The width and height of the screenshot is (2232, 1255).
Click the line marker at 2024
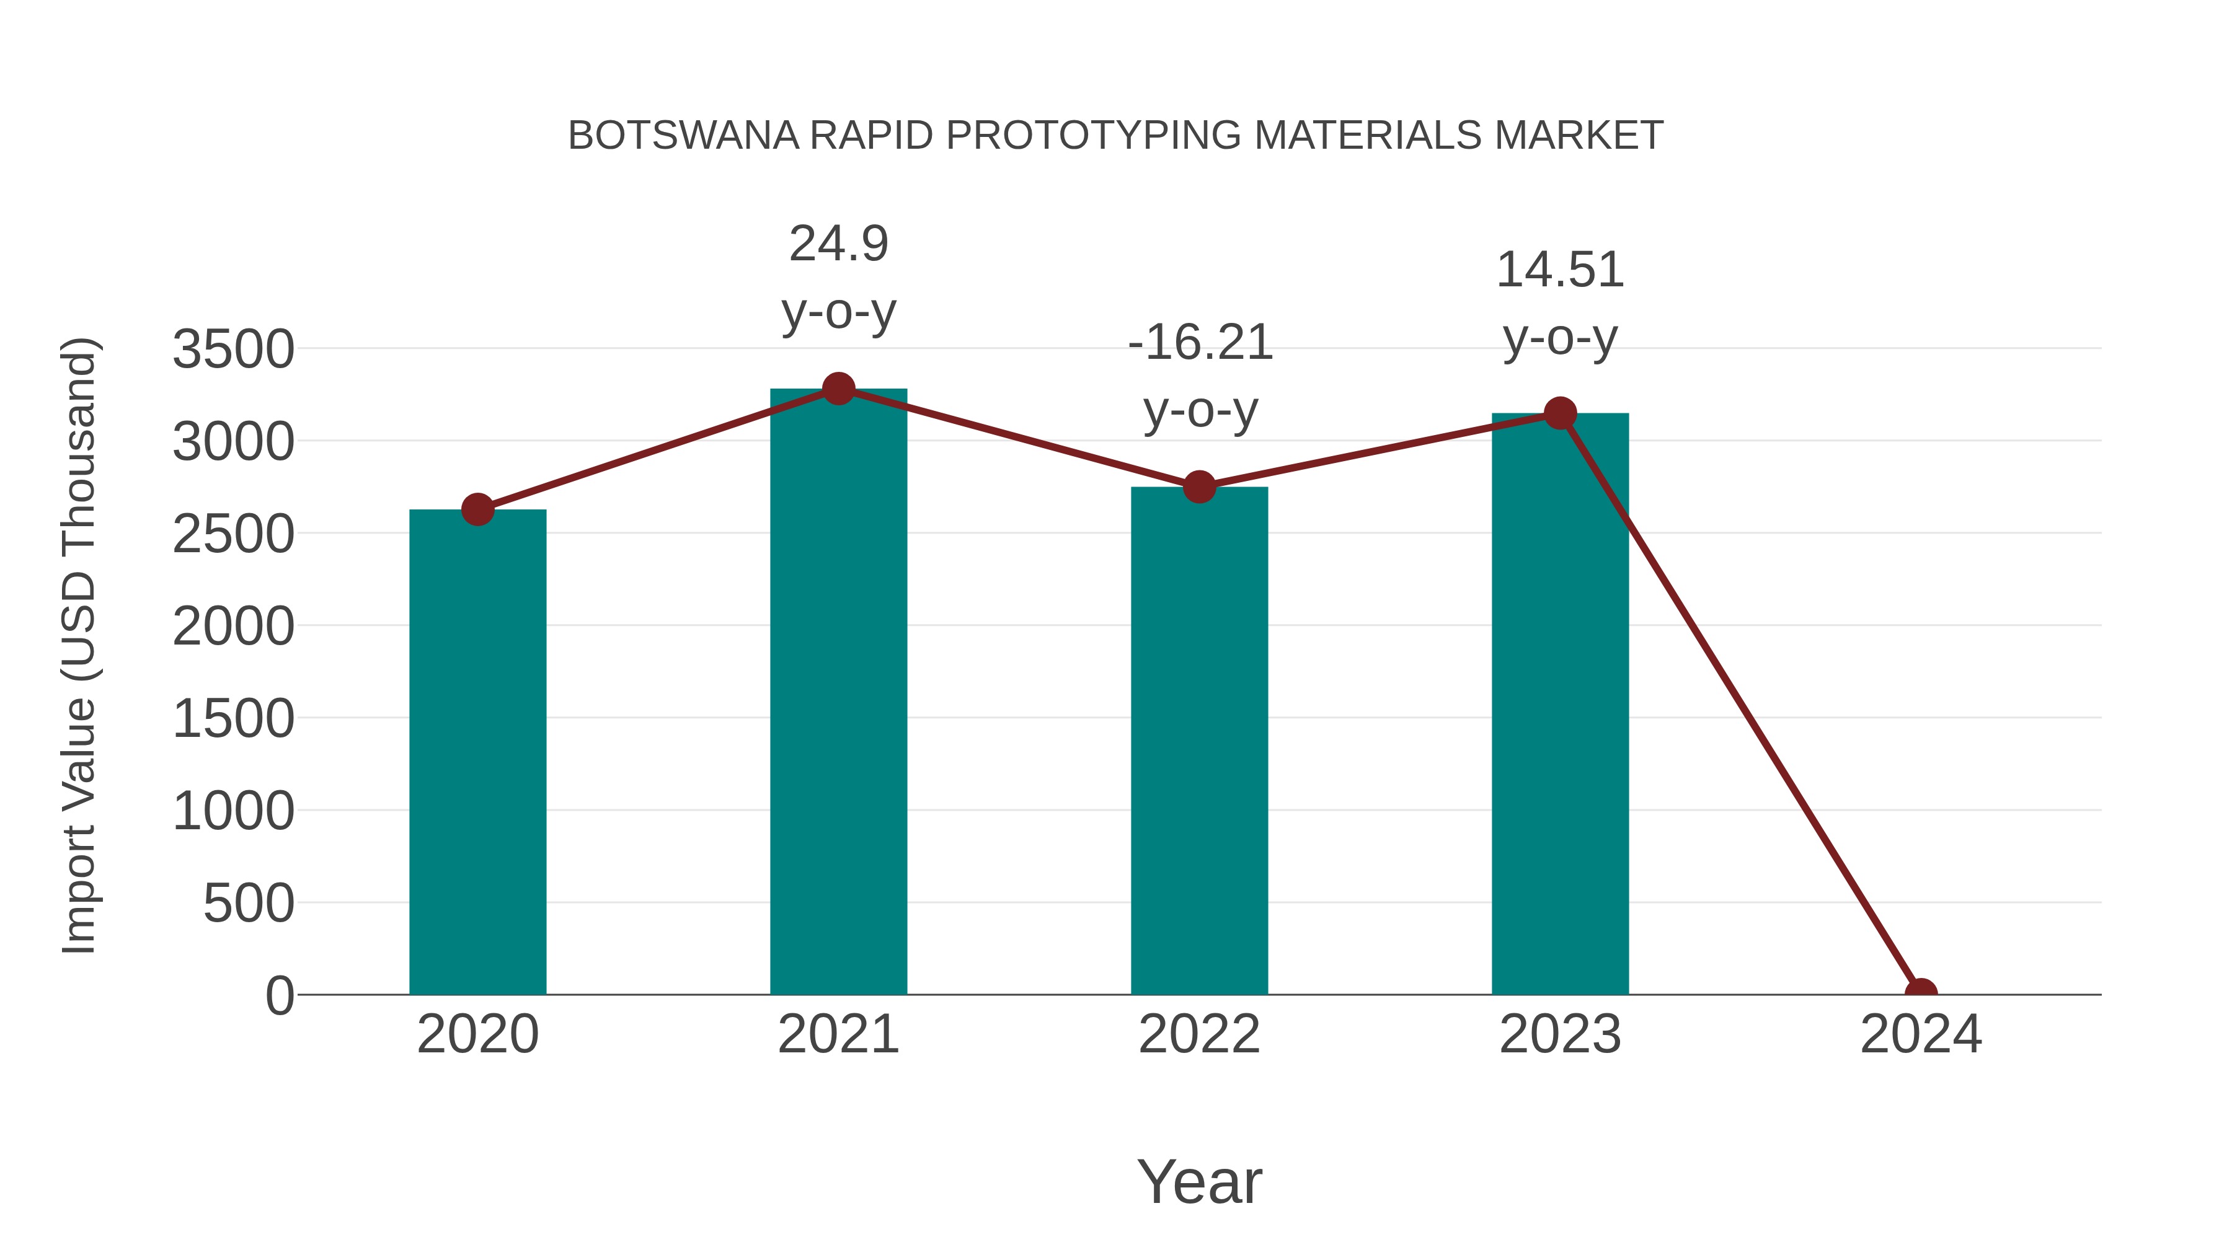click(1921, 993)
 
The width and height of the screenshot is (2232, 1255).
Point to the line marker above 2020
click(477, 509)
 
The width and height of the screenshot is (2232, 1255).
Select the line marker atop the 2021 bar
click(838, 389)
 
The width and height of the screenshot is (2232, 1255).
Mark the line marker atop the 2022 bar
click(1199, 487)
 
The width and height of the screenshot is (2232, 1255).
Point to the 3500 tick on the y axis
click(233, 350)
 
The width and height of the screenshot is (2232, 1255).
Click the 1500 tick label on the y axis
click(233, 719)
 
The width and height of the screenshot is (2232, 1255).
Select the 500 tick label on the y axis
click(249, 904)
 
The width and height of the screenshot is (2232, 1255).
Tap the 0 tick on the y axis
click(280, 996)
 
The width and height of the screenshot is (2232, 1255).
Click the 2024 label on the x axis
click(1921, 1034)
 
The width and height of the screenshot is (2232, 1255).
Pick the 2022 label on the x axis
click(1199, 1034)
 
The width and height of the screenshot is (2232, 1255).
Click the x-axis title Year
click(1199, 1181)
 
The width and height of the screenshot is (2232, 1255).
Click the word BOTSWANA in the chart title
click(683, 136)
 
